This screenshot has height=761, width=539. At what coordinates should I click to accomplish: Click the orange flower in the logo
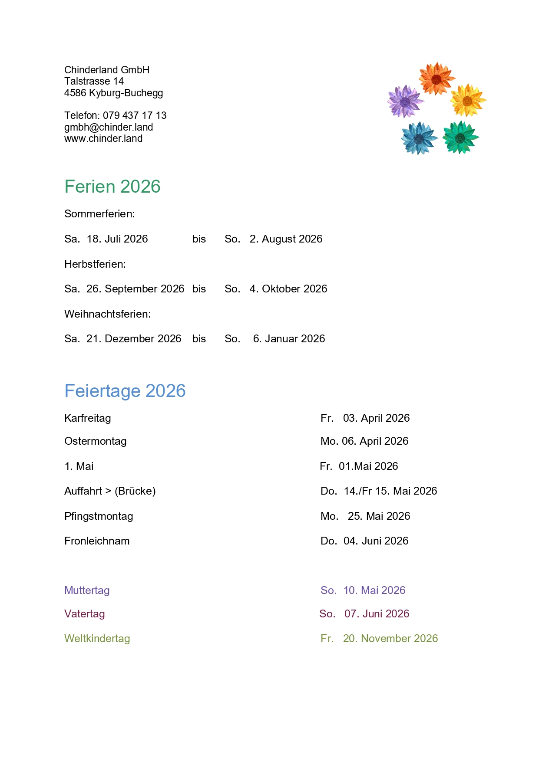pyautogui.click(x=436, y=79)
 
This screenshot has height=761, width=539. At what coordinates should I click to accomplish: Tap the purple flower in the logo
pyautogui.click(x=405, y=102)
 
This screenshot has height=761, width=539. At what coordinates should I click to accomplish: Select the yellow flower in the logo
pyautogui.click(x=467, y=101)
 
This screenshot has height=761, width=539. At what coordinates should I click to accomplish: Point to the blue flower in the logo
pyautogui.click(x=419, y=138)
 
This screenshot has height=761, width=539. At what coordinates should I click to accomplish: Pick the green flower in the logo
pyautogui.click(x=460, y=138)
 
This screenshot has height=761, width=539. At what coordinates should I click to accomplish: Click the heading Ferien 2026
pyautogui.click(x=112, y=187)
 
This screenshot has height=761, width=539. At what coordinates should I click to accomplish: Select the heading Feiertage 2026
pyautogui.click(x=125, y=391)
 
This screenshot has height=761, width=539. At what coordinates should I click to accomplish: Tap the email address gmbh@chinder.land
pyautogui.click(x=109, y=127)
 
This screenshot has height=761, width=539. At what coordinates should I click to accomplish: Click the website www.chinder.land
pyautogui.click(x=103, y=138)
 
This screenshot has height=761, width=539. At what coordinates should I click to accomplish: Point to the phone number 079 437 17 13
pyautogui.click(x=135, y=115)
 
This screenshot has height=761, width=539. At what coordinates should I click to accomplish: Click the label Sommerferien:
pyautogui.click(x=99, y=214)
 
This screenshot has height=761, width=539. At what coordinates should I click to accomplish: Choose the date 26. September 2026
pyautogui.click(x=135, y=289)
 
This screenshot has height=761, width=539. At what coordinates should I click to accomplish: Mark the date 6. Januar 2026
pyautogui.click(x=289, y=339)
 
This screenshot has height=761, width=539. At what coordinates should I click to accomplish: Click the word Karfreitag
pyautogui.click(x=88, y=418)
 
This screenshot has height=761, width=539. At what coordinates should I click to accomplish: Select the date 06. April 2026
pyautogui.click(x=375, y=441)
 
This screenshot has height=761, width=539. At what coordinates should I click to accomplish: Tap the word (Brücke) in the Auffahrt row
pyautogui.click(x=135, y=491)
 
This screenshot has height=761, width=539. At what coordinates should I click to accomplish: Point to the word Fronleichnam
pyautogui.click(x=97, y=541)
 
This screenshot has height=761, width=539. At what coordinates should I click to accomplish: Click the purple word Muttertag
pyautogui.click(x=87, y=590)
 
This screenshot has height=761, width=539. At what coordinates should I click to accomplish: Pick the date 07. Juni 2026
pyautogui.click(x=377, y=614)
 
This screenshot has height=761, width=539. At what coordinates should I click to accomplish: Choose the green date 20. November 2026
pyautogui.click(x=390, y=639)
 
